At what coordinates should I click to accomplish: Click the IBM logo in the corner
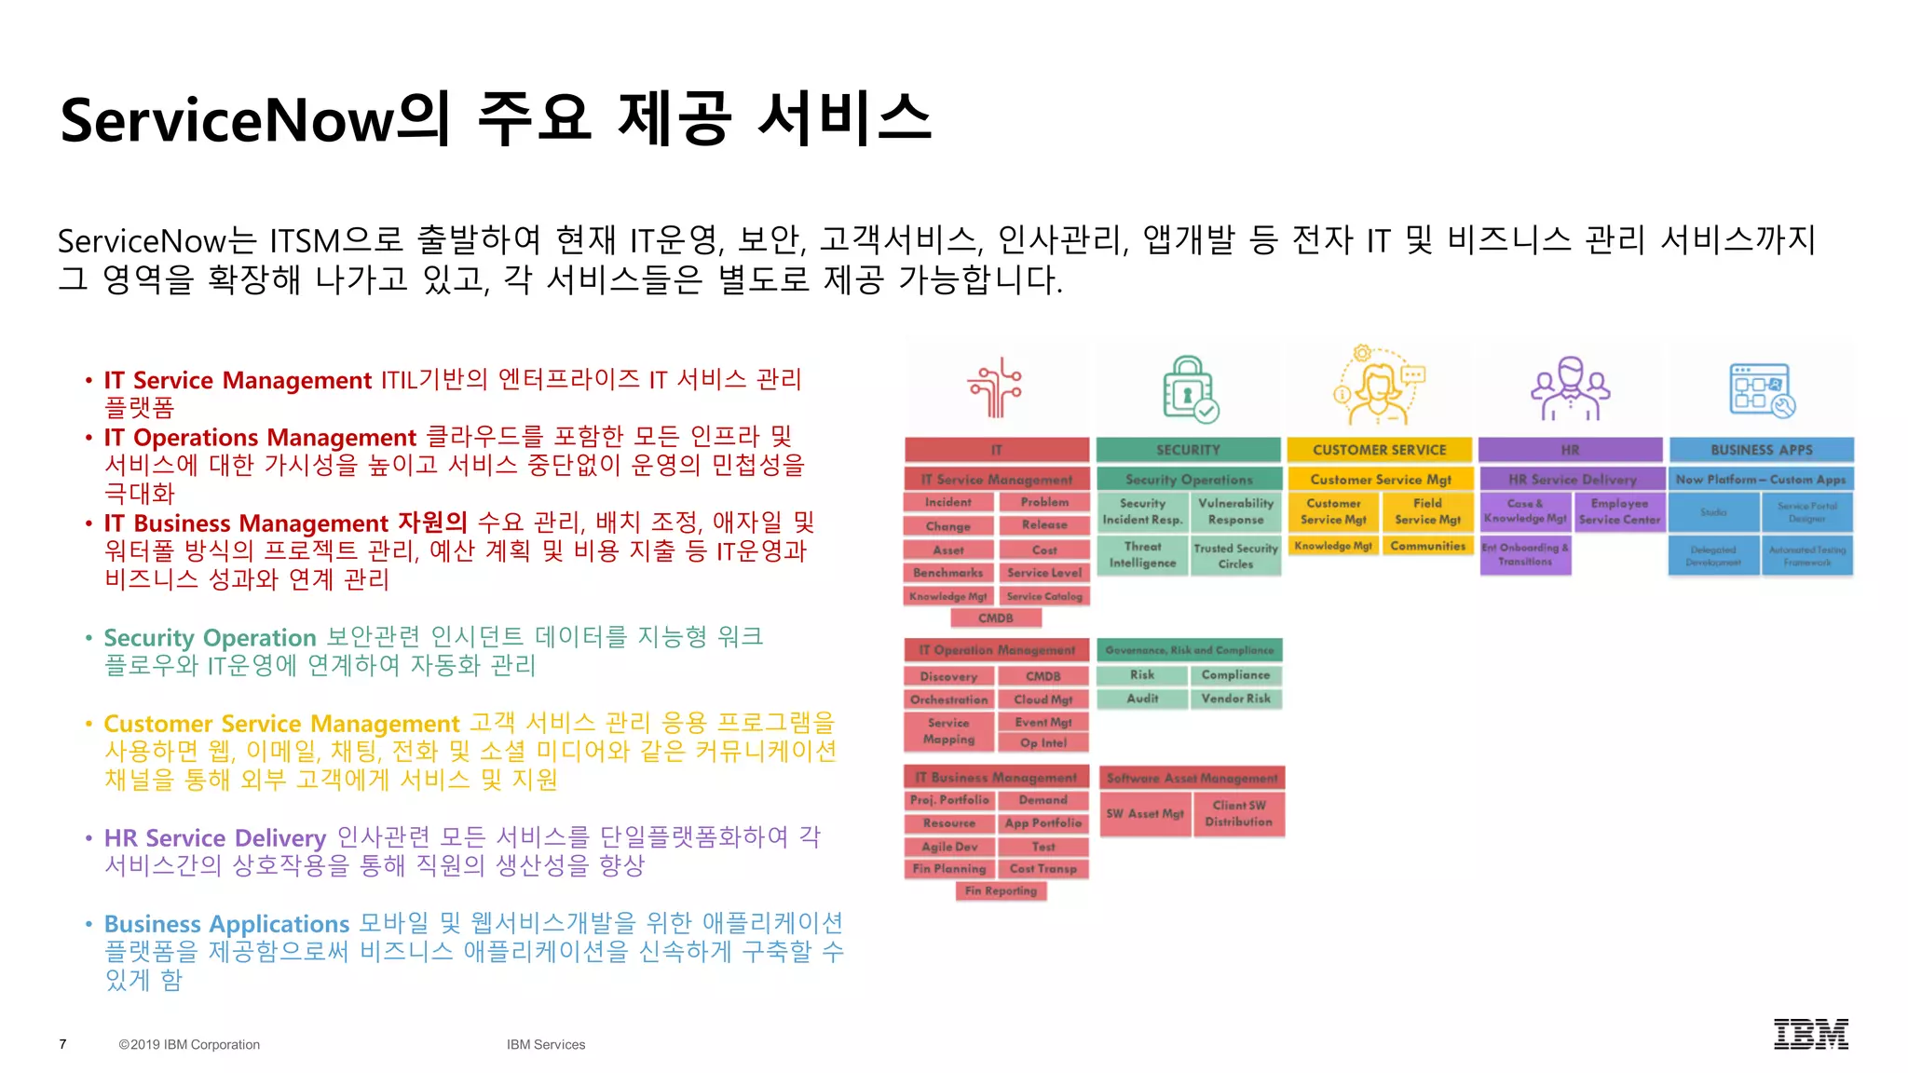click(x=1810, y=1034)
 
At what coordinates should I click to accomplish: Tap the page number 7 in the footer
click(x=62, y=1044)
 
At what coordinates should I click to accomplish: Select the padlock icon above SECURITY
click(x=1189, y=390)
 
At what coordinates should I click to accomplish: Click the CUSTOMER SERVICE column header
click(x=1379, y=450)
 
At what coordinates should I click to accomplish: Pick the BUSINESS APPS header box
click(x=1761, y=450)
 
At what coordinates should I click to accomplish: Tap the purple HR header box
click(x=1570, y=450)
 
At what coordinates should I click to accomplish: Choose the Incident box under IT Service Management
click(x=947, y=502)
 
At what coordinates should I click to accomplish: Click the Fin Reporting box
click(x=1001, y=891)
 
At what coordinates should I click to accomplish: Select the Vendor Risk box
click(x=1235, y=699)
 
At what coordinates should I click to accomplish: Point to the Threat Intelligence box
click(x=1142, y=555)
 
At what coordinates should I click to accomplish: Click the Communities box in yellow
click(x=1427, y=546)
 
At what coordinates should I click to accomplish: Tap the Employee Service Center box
click(x=1619, y=511)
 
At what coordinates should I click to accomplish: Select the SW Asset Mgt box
click(x=1145, y=814)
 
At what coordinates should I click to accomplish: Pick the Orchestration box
click(x=948, y=699)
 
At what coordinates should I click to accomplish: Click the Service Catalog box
click(x=1044, y=596)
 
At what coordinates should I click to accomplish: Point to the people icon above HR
click(x=1570, y=388)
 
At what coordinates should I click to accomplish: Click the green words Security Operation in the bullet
click(x=210, y=638)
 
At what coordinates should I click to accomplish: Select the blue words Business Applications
click(x=226, y=924)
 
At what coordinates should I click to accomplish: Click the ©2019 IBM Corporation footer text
click(x=189, y=1044)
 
